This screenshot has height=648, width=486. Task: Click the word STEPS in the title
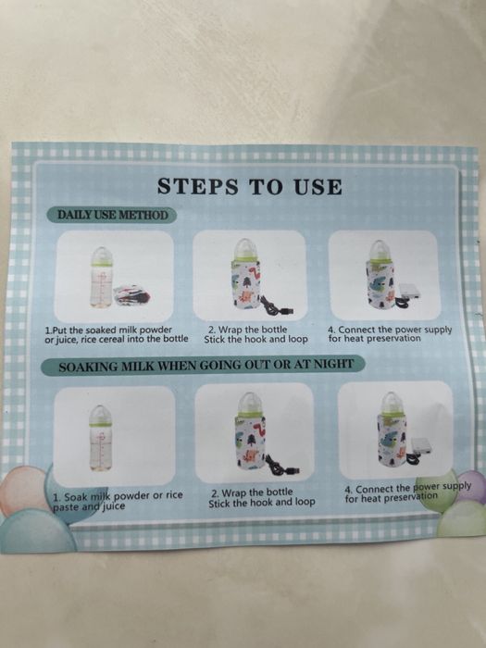(x=198, y=186)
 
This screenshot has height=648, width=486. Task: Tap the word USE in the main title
(x=318, y=187)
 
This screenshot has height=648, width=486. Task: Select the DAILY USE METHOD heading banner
(x=112, y=216)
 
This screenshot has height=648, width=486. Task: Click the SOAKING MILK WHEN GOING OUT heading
(x=206, y=366)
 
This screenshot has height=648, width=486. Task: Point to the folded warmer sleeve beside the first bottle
(x=131, y=294)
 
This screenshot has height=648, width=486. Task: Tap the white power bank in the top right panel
(x=409, y=292)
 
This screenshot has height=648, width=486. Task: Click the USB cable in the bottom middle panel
(x=281, y=465)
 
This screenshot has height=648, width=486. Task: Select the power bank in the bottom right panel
(x=421, y=447)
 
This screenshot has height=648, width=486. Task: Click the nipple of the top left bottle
(x=101, y=253)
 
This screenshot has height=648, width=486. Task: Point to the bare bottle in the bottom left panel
(x=100, y=438)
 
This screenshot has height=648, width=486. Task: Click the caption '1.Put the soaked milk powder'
(x=108, y=330)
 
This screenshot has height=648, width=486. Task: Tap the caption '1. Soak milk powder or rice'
(x=118, y=495)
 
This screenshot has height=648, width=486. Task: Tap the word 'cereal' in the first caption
(x=123, y=339)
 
